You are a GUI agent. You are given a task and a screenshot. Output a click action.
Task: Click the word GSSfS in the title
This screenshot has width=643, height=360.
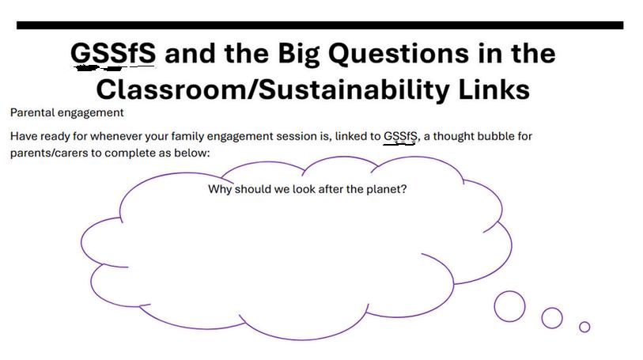click(x=113, y=53)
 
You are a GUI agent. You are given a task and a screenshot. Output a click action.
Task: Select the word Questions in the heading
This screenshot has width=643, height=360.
click(x=399, y=54)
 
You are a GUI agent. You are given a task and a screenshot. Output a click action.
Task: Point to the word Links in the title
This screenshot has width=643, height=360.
click(x=494, y=89)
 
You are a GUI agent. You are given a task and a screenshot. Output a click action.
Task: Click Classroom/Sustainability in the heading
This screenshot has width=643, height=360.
click(x=273, y=90)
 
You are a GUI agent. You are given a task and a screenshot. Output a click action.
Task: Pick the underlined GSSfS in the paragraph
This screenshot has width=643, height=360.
click(x=400, y=136)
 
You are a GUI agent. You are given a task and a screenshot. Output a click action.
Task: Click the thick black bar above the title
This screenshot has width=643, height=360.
click(x=320, y=25)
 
